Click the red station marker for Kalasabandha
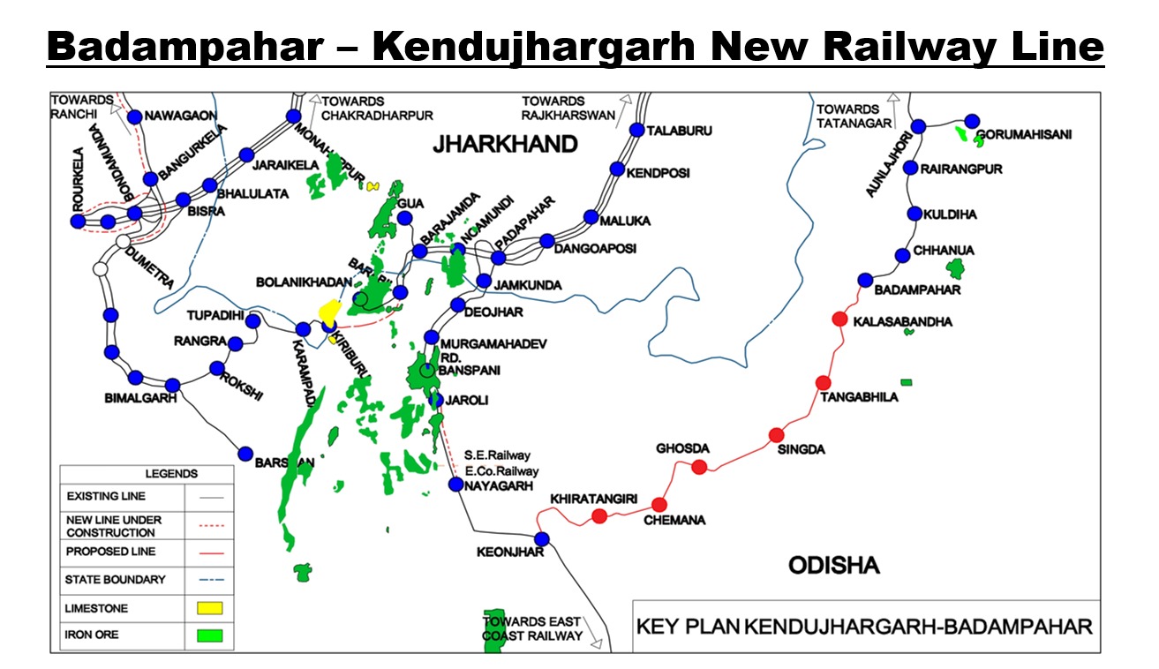[839, 319]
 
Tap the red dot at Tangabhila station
[823, 382]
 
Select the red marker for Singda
[776, 434]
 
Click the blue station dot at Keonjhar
[541, 538]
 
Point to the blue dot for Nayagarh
[455, 484]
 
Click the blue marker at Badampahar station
[864, 280]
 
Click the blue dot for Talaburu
[636, 130]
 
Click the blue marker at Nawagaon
[135, 117]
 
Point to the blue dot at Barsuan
[246, 453]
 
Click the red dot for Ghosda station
[699, 467]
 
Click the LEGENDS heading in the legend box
[171, 474]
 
